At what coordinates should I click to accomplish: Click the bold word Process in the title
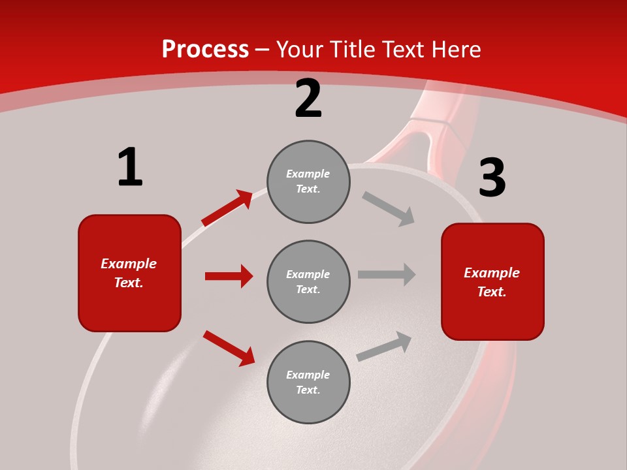click(x=205, y=50)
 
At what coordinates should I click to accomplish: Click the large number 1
click(x=130, y=167)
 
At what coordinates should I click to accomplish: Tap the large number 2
click(x=308, y=99)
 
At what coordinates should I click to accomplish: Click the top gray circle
click(x=308, y=181)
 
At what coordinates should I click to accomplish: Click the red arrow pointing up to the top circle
click(x=227, y=208)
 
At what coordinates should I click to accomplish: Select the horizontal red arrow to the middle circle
click(x=229, y=276)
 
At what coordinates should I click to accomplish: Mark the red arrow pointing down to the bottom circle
click(x=229, y=349)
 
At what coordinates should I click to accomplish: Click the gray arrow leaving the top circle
click(x=388, y=209)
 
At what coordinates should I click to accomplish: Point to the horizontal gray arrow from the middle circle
click(x=387, y=274)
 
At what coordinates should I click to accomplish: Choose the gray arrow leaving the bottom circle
click(x=384, y=346)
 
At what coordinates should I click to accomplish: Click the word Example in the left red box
click(x=129, y=264)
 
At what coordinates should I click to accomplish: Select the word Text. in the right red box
click(x=492, y=292)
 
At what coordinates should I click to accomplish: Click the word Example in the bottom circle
click(x=308, y=375)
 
